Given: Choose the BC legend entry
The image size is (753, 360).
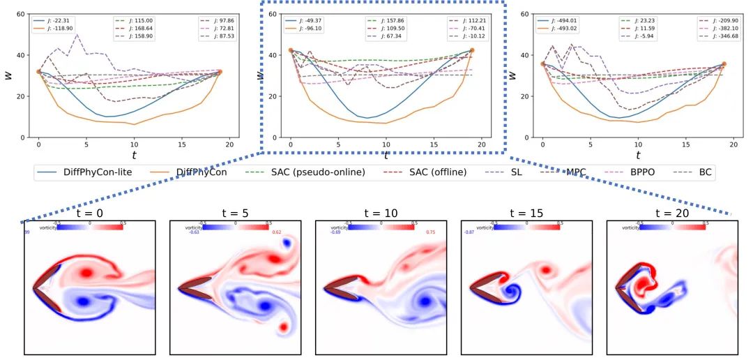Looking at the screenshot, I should click(705, 172).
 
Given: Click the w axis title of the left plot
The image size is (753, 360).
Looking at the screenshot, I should click(9, 75).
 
